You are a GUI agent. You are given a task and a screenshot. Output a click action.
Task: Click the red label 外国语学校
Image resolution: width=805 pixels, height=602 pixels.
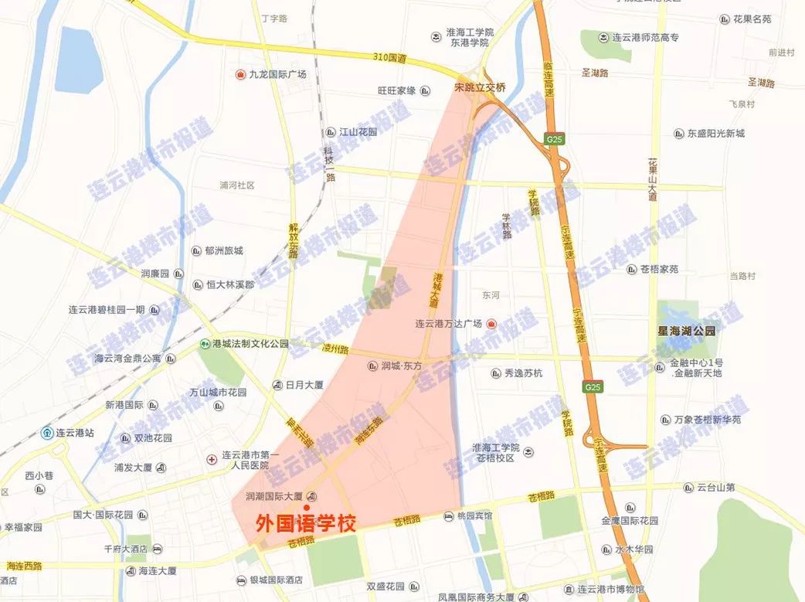(x=306, y=523)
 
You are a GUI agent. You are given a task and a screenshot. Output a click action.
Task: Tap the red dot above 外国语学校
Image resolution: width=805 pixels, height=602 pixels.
(x=307, y=506)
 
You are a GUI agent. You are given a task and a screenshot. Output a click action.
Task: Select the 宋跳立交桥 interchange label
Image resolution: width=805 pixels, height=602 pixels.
(x=479, y=88)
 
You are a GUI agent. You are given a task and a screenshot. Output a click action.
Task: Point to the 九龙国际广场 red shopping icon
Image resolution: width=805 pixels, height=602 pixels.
(x=240, y=75)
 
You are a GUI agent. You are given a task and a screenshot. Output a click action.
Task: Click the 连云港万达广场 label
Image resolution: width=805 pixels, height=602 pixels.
(x=448, y=324)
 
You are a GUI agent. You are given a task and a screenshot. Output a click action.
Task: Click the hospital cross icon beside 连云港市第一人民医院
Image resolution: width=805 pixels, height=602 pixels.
(x=212, y=459)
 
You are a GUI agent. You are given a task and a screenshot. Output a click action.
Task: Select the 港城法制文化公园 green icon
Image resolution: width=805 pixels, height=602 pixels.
(x=205, y=344)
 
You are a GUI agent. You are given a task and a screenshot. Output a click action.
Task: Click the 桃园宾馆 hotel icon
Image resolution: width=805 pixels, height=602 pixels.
(x=450, y=516)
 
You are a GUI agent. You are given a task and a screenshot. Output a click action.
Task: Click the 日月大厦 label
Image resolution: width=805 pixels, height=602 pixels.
(x=305, y=385)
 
